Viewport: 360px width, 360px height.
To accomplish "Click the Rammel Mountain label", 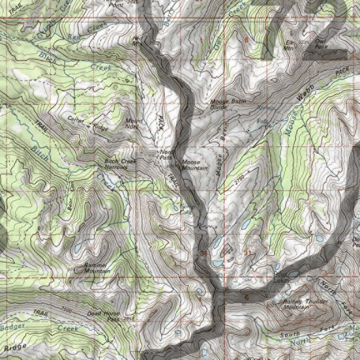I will coord(97,268).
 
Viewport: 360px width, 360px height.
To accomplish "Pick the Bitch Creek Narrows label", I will coord(120,164).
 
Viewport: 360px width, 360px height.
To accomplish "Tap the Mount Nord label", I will coord(134,123).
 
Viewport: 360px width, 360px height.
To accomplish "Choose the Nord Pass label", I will coord(166,155).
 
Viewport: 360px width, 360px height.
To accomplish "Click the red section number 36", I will coord(203,254).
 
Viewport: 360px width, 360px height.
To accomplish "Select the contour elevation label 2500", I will coord(67,309).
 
